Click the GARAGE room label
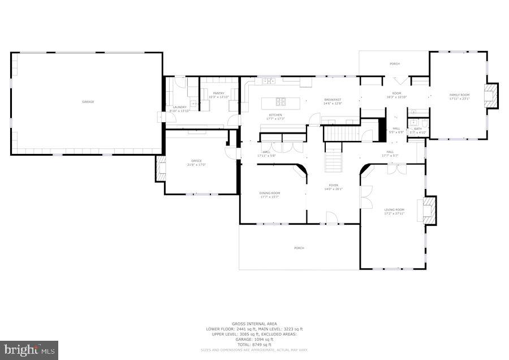88,101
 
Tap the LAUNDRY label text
179,107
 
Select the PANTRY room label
219,95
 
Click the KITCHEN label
275,115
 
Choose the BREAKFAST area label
333,100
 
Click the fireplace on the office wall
160,168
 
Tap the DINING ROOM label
270,194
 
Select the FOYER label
334,186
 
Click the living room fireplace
429,209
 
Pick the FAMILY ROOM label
459,95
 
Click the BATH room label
418,128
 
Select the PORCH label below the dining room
299,248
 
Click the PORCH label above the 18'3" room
394,64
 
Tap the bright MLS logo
29,350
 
